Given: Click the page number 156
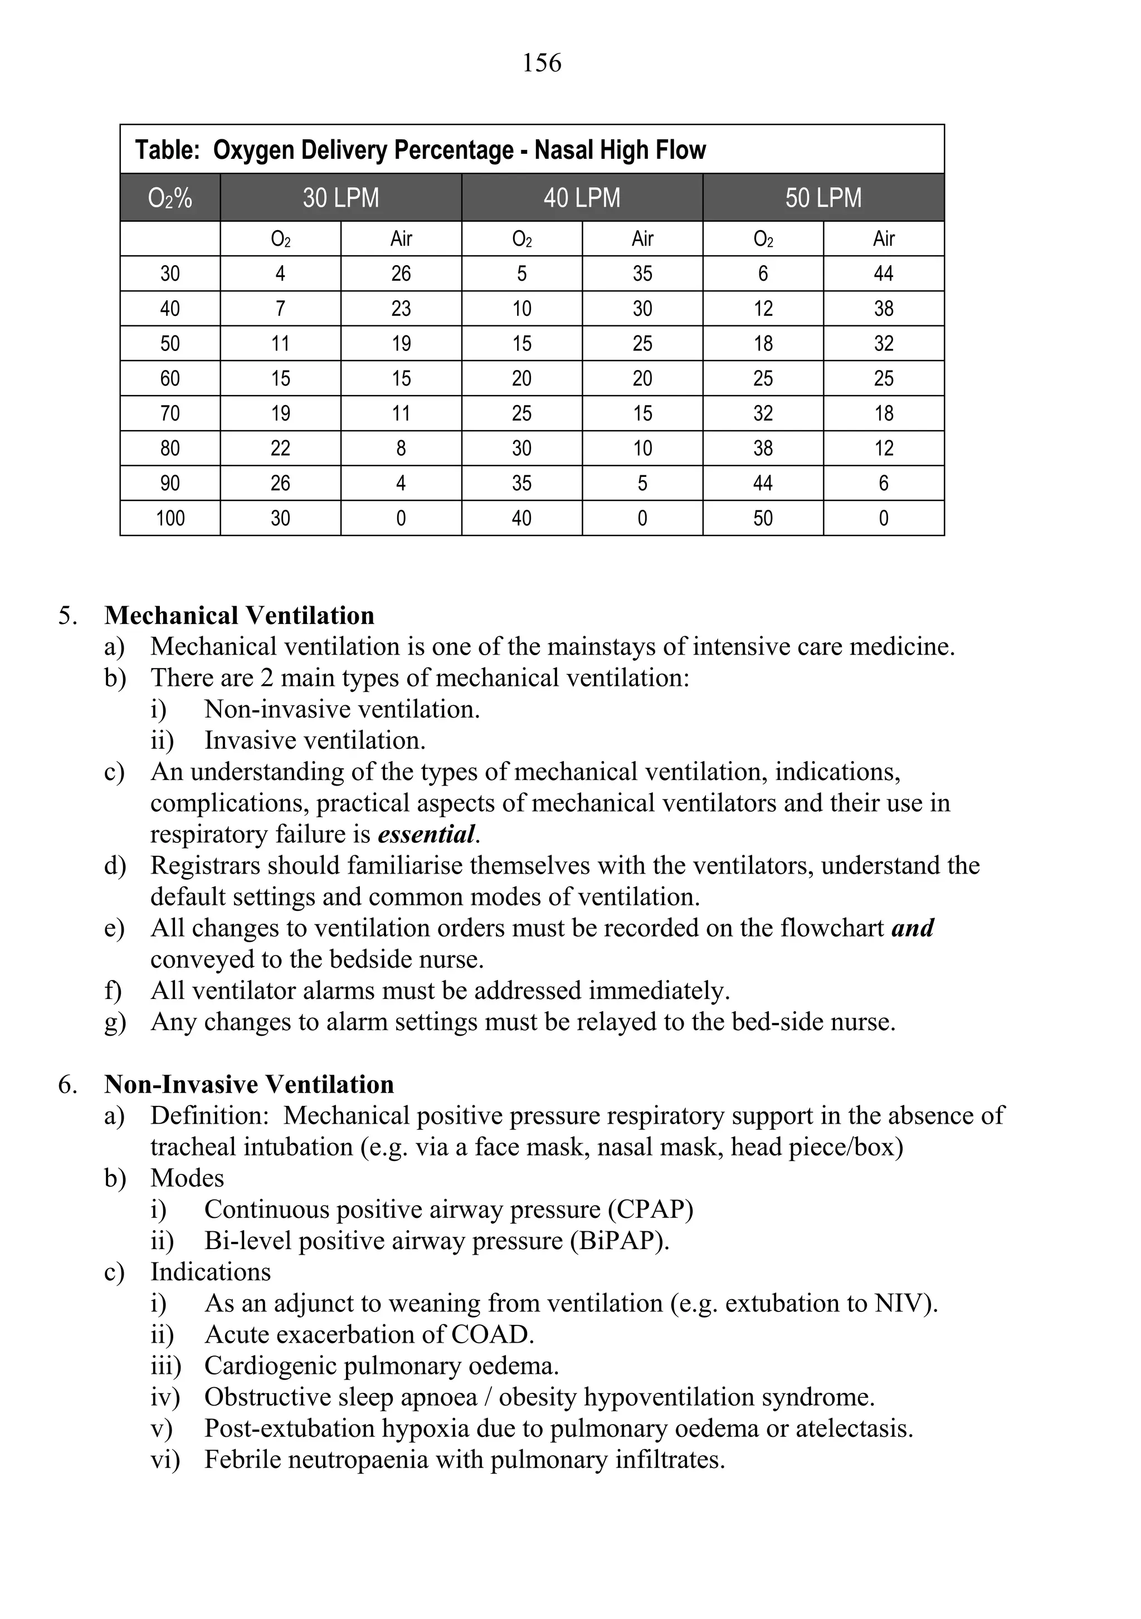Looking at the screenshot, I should [542, 63].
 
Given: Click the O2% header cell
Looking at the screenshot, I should [170, 198].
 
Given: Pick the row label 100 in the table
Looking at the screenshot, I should [170, 518].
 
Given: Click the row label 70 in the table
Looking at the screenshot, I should [170, 413].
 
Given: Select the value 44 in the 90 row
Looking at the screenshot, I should [763, 483].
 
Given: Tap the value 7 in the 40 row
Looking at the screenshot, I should [281, 308].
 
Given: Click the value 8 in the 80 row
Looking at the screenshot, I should [401, 448].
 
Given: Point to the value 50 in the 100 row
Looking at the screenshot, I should [763, 518].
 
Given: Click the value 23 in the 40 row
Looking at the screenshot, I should [401, 308].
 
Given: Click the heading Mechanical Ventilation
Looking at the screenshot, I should [239, 616].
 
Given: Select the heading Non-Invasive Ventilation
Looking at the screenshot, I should [249, 1085].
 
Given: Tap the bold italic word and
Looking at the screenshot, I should [913, 928].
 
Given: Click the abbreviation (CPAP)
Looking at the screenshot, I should [651, 1210].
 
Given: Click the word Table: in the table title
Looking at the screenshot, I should [167, 150].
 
